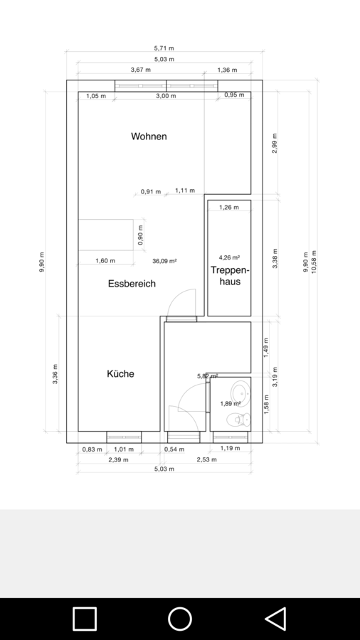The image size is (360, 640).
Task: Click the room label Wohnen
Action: (149, 137)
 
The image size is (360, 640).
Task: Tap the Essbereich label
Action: (132, 284)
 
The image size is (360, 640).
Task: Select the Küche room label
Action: (120, 373)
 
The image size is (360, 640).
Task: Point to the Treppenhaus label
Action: (230, 275)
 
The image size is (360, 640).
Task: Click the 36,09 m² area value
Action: (164, 261)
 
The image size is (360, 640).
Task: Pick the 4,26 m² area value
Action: (229, 257)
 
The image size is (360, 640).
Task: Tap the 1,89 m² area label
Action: (231, 404)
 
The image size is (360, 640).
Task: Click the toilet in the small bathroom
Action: (238, 419)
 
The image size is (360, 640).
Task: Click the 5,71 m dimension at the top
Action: (164, 48)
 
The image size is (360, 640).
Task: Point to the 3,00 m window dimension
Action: (166, 96)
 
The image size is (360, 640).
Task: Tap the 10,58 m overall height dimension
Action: (314, 262)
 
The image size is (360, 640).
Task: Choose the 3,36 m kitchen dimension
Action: (55, 374)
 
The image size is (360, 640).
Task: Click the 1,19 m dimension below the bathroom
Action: (231, 448)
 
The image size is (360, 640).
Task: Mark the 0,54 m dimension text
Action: (174, 449)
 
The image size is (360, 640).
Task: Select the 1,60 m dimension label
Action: (105, 260)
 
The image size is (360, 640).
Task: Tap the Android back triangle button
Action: (276, 619)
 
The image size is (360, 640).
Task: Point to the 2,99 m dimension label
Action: (275, 143)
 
